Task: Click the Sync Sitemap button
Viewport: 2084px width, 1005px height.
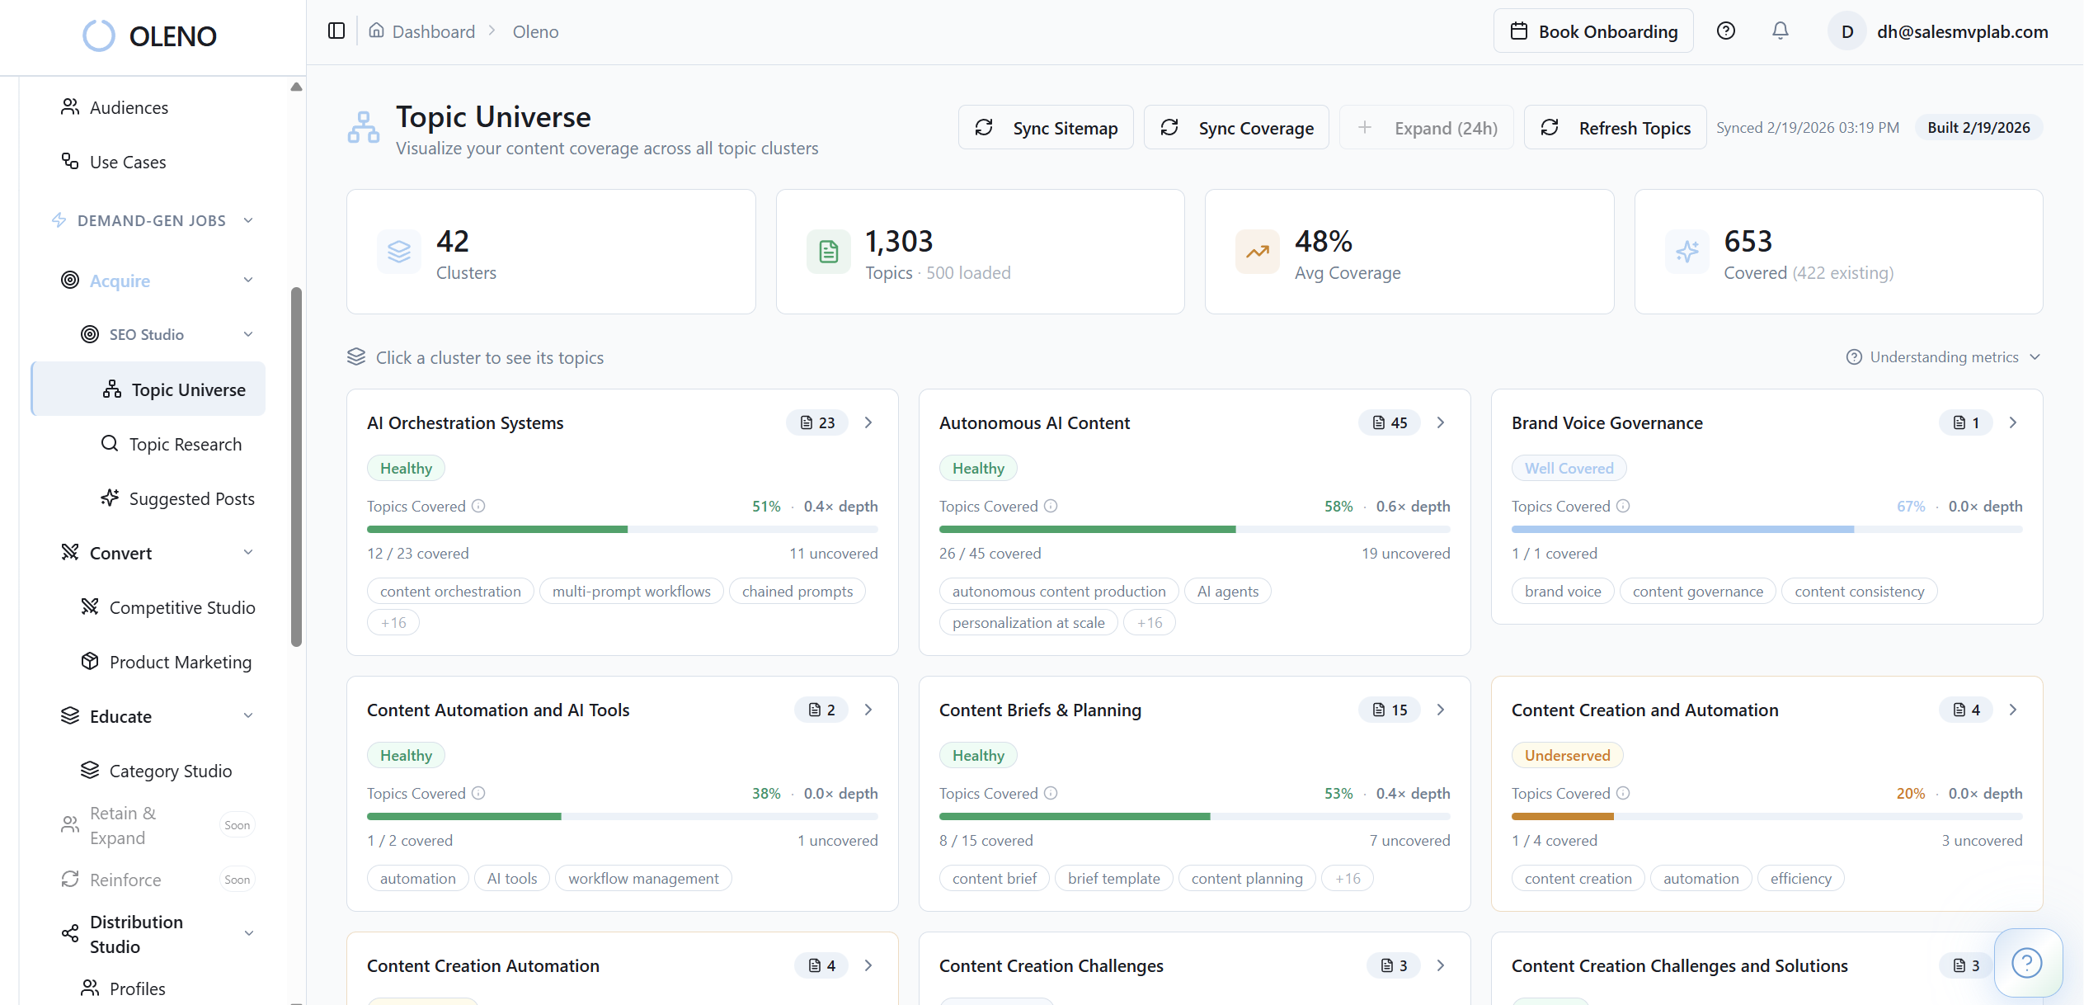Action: (1046, 128)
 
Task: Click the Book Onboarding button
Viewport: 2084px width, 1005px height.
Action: (1593, 31)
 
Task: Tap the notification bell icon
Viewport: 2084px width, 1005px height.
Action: (1781, 31)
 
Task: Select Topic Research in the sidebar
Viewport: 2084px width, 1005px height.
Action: (185, 444)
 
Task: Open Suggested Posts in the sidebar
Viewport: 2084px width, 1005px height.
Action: (191, 498)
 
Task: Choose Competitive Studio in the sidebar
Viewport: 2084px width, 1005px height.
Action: (181, 607)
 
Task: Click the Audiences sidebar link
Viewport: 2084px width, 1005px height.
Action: (129, 107)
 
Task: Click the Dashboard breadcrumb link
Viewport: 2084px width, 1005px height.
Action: (433, 31)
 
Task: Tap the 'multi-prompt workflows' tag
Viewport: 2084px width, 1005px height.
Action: (631, 591)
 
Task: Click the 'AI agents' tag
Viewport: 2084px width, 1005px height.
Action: (1227, 591)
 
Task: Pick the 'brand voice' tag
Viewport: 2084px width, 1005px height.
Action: (1562, 591)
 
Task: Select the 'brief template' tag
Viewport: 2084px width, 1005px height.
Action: (1113, 878)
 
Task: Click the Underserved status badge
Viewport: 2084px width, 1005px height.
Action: (1567, 755)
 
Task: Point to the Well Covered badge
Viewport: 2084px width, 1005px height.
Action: (1569, 468)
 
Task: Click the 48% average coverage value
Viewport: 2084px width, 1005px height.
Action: (1323, 241)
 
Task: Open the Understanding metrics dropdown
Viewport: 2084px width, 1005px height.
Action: (1943, 356)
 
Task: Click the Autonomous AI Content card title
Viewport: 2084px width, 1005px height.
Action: (1034, 422)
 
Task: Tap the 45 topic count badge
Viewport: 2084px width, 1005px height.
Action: (1390, 422)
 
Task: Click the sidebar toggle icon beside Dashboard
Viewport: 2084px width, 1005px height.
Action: (336, 31)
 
